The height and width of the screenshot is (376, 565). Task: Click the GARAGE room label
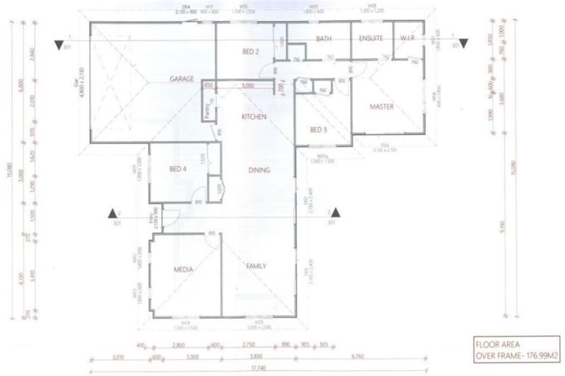[182, 79]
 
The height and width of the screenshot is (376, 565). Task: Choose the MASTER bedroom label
[382, 107]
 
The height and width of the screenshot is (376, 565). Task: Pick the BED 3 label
[318, 130]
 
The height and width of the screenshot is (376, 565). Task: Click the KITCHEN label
[253, 117]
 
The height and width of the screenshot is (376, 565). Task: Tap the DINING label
[258, 170]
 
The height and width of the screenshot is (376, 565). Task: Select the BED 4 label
[178, 170]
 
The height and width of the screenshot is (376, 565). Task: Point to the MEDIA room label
[182, 270]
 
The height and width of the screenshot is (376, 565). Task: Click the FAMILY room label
[255, 266]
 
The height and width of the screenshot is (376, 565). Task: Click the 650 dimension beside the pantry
[207, 85]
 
